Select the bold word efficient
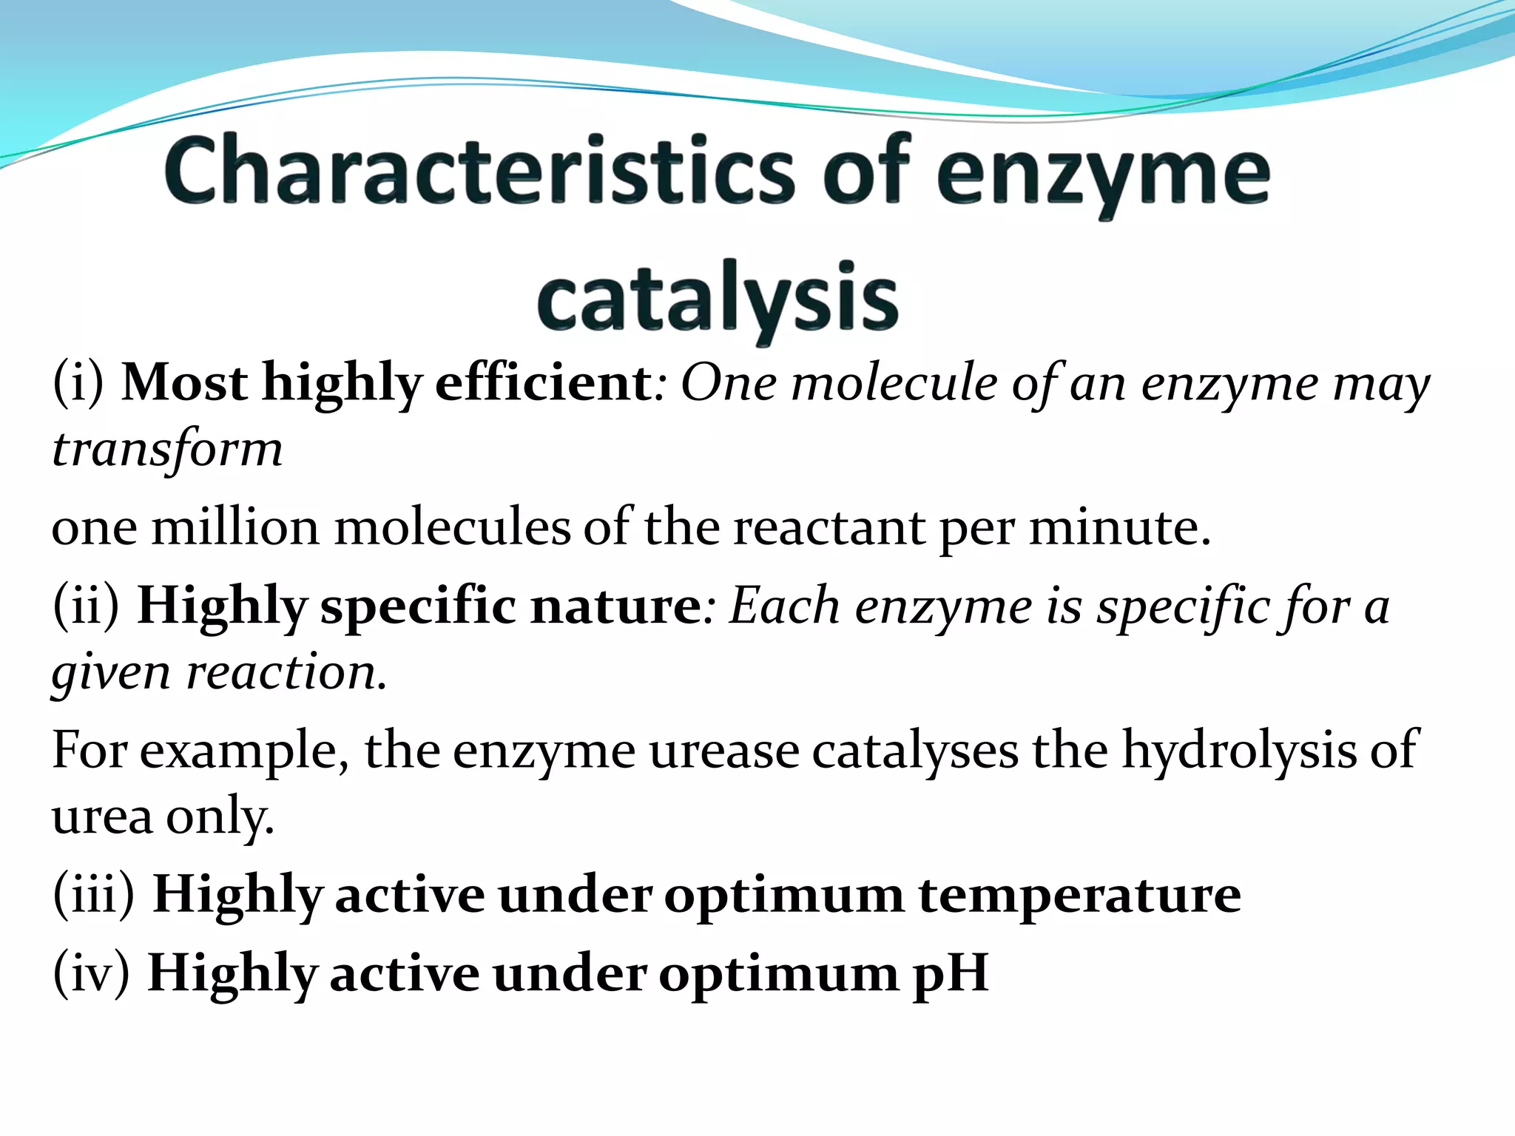[544, 383]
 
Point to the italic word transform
[167, 450]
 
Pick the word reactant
[829, 528]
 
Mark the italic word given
[111, 673]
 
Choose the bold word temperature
[1079, 895]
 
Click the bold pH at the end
[951, 973]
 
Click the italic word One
[729, 383]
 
